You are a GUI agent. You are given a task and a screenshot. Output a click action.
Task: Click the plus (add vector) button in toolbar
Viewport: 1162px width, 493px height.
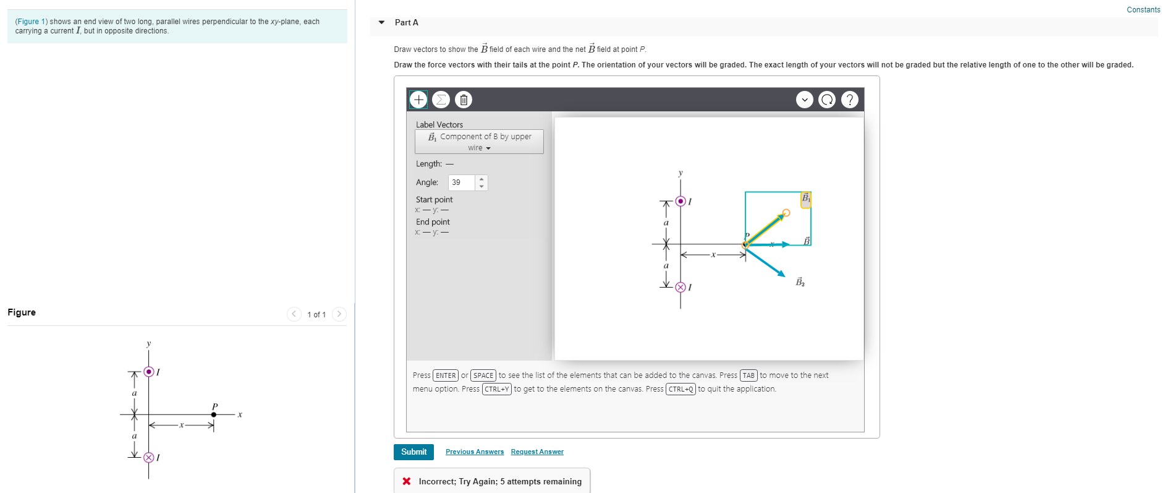tap(418, 100)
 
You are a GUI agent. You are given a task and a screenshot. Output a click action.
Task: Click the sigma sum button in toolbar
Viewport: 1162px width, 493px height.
tap(441, 100)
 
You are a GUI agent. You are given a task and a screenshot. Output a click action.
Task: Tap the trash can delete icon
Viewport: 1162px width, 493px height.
tap(464, 100)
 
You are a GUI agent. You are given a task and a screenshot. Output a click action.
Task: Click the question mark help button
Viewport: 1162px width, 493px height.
tap(850, 100)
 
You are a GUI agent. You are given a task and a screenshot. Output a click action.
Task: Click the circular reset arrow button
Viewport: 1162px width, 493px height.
tap(827, 100)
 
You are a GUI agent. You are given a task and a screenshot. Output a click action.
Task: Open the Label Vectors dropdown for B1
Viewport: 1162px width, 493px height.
tap(479, 142)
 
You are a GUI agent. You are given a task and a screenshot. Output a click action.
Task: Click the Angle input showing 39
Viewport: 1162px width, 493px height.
tap(462, 182)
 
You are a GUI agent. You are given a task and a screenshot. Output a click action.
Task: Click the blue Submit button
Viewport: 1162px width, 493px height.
tap(413, 452)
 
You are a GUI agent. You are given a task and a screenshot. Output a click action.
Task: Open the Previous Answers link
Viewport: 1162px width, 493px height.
tap(475, 452)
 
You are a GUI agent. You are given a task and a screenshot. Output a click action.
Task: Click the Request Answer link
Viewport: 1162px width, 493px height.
tap(537, 452)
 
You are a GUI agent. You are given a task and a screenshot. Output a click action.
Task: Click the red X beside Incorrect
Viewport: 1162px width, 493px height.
tap(407, 481)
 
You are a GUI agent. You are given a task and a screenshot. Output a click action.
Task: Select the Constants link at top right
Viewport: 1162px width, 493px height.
tap(1143, 10)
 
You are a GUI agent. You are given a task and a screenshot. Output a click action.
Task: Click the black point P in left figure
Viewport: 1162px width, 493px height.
tap(214, 414)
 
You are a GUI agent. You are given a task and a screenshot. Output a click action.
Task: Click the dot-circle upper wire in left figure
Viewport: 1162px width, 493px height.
tap(148, 372)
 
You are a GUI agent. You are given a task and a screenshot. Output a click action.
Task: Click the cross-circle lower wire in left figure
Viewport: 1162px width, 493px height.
tap(148, 458)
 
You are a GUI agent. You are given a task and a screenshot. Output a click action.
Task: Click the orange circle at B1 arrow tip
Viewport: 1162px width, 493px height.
tap(786, 213)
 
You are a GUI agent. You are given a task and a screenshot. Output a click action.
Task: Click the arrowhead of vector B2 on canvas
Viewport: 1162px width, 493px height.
tap(782, 273)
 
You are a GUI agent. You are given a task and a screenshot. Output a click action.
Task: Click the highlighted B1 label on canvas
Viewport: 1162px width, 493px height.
tap(806, 199)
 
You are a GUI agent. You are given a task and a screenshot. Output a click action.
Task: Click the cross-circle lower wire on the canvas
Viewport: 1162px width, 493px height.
tap(681, 287)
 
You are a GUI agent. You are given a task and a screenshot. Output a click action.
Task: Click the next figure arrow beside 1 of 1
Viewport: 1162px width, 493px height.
tap(339, 314)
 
